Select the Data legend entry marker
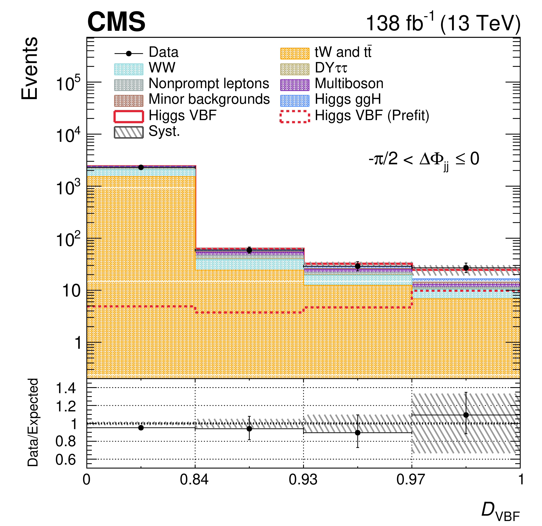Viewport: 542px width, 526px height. point(129,53)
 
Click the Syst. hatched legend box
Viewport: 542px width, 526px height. point(129,132)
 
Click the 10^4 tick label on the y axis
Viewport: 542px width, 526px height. point(68,136)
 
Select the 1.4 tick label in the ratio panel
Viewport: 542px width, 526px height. point(66,389)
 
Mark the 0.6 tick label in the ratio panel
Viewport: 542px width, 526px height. point(66,460)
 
